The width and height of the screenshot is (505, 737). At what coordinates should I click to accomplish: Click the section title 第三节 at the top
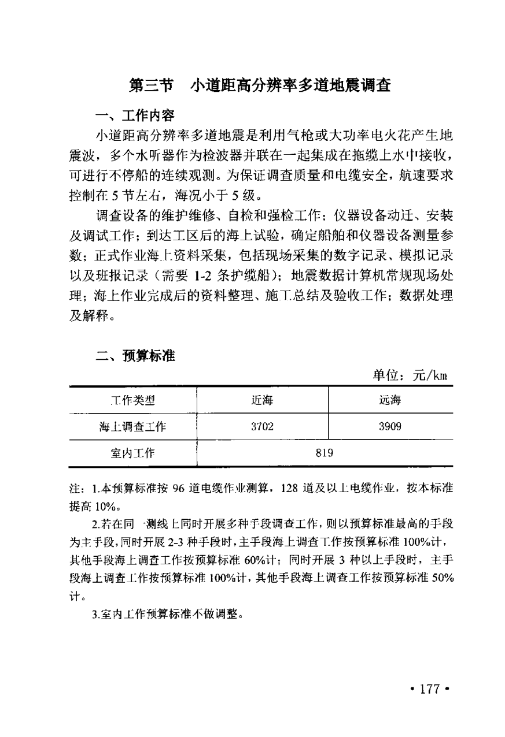point(150,86)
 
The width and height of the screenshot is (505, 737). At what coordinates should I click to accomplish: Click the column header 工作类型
point(132,400)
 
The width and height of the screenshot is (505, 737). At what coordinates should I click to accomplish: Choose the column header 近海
point(262,400)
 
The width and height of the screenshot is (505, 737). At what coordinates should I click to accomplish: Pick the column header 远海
point(390,400)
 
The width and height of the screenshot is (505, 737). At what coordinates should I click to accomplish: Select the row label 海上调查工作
point(132,427)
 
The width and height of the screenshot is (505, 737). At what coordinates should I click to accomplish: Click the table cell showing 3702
point(262,427)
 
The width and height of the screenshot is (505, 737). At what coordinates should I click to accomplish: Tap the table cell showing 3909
point(390,427)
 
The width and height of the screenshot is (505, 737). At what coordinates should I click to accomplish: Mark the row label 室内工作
point(132,453)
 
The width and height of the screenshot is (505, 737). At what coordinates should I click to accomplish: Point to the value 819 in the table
point(325,453)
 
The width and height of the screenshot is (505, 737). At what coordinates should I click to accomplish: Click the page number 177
point(430,689)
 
